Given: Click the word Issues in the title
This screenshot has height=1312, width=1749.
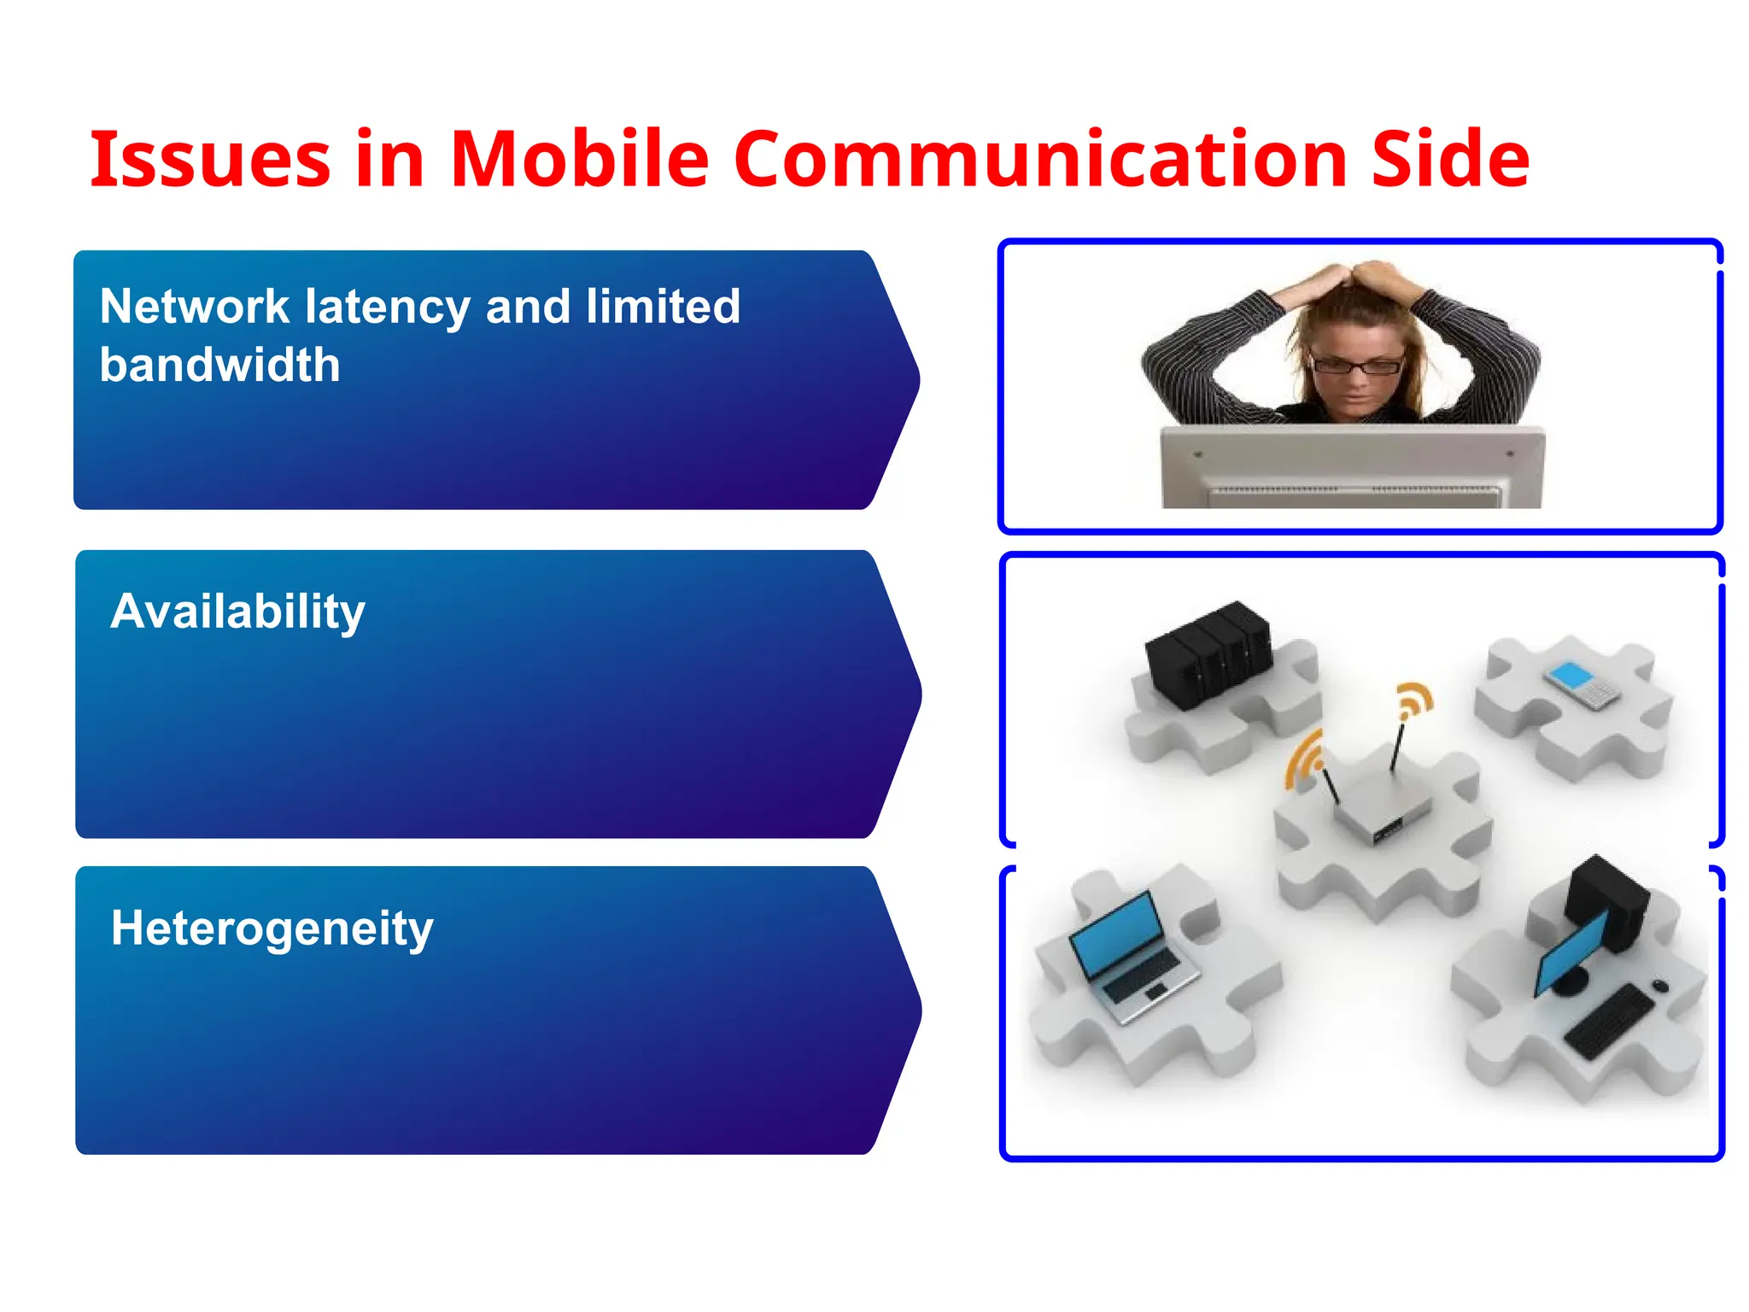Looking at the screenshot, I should point(209,160).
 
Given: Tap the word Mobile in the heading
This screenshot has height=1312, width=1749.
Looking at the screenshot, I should point(579,160).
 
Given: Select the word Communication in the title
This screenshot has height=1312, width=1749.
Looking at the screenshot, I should point(1040,160).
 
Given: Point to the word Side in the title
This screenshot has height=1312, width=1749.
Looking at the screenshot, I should point(1450,160).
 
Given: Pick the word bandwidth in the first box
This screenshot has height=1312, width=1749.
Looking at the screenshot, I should point(219,366).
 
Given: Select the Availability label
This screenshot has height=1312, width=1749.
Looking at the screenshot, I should point(237,612).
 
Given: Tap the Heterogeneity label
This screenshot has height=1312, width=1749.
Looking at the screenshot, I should point(272,928).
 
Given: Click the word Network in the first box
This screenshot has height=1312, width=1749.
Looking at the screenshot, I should point(195,307).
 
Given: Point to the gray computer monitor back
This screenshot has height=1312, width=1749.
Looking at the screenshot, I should point(1352,468).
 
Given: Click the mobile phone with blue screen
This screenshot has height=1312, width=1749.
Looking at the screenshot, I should point(1581,684).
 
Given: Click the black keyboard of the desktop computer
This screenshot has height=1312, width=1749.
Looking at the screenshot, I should point(1609,1022).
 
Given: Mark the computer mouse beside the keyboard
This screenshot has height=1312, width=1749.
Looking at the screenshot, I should point(1659,986).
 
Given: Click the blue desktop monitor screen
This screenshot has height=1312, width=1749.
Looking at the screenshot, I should point(1570,952).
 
